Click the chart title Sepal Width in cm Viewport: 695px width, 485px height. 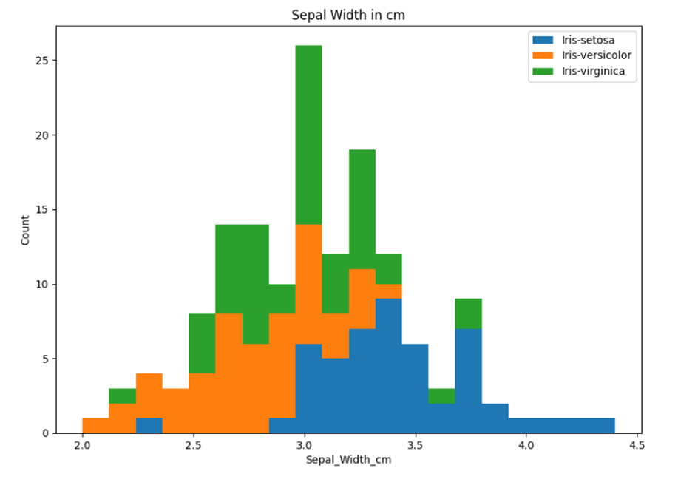tap(347, 15)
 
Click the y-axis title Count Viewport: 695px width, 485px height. tap(25, 230)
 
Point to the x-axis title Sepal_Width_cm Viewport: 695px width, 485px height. tap(348, 460)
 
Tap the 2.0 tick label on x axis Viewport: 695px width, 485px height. tap(82, 446)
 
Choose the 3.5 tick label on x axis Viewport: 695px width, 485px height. tap(415, 446)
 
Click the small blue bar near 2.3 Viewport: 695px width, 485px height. tap(149, 425)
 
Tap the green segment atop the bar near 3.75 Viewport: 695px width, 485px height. tap(468, 313)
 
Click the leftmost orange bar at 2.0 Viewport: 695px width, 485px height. tap(95, 425)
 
